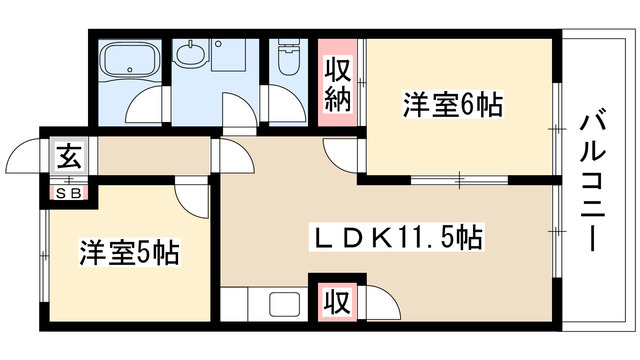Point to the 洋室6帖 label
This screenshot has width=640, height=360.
(452, 104)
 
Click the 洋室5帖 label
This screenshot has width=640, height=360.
(130, 252)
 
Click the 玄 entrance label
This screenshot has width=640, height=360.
(69, 156)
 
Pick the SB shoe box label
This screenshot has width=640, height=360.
(69, 191)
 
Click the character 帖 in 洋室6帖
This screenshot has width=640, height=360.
(490, 104)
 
